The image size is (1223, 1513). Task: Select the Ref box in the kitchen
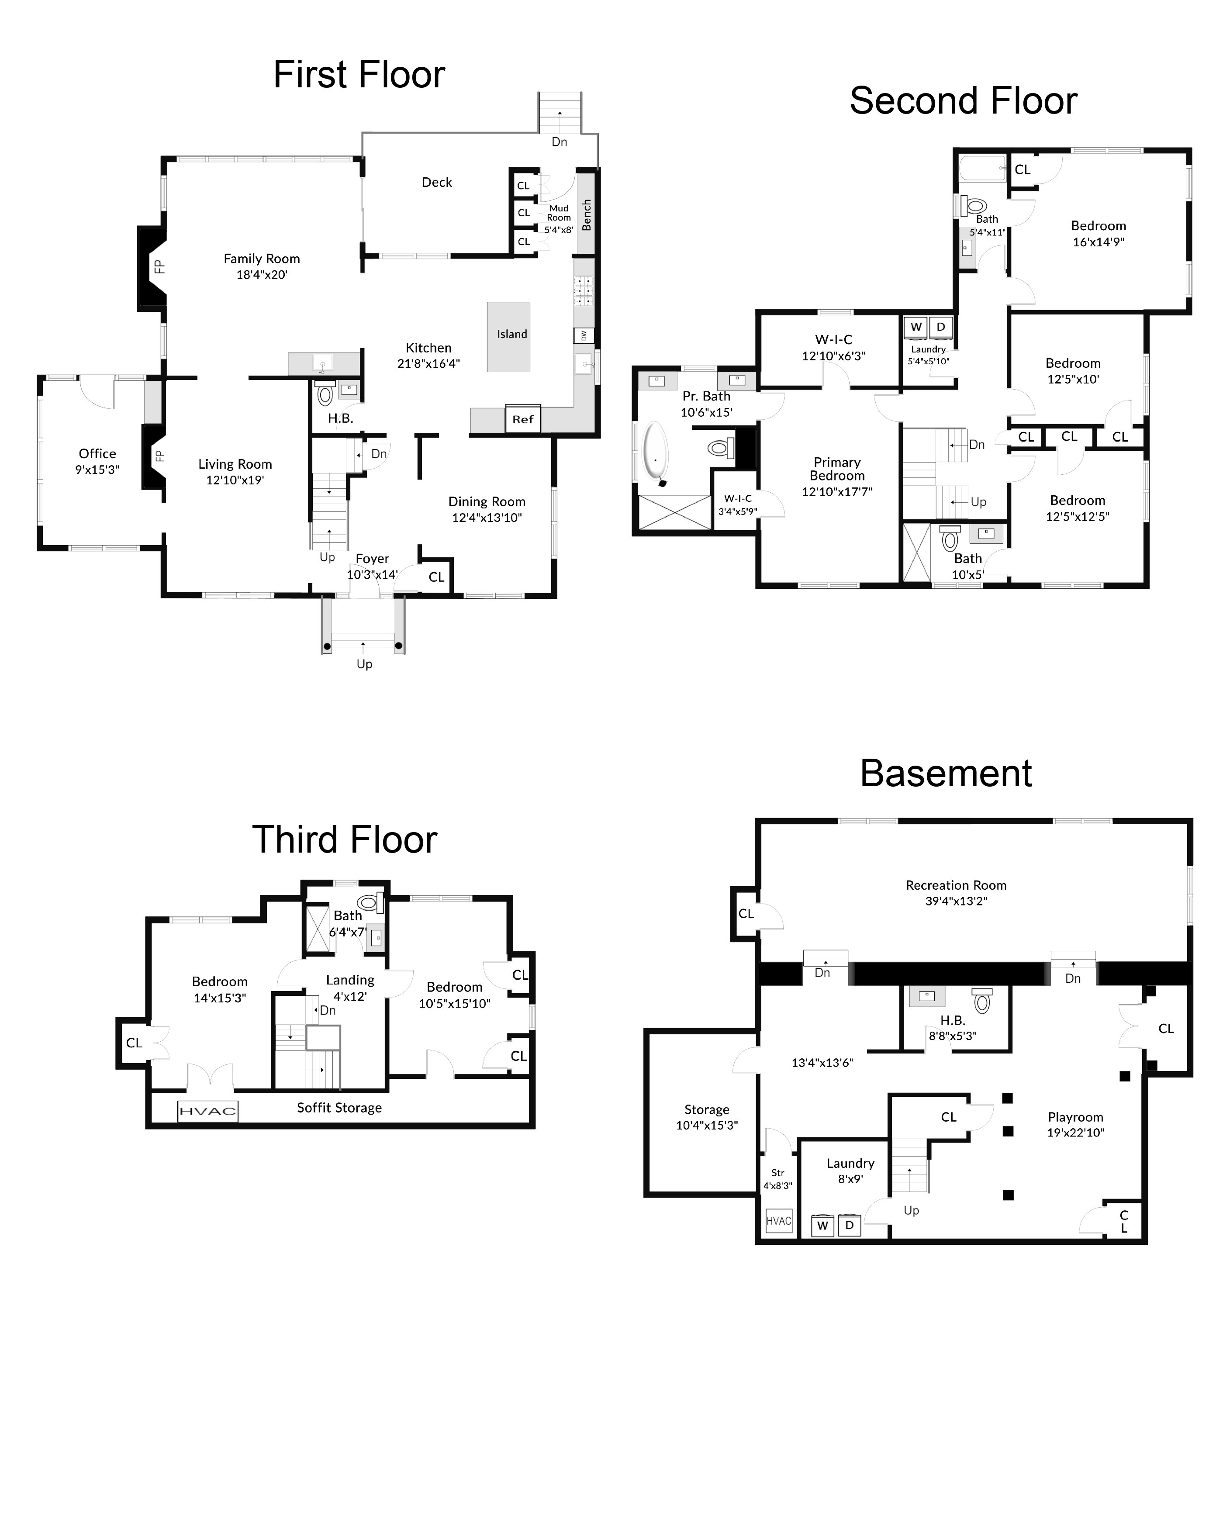click(x=523, y=419)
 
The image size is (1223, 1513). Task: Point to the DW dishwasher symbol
click(x=583, y=336)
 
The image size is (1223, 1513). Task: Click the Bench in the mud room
click(x=586, y=215)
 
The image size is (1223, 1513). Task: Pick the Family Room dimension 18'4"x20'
click(x=261, y=275)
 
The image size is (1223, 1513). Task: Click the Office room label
click(x=97, y=454)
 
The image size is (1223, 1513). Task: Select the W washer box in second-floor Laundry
click(x=916, y=327)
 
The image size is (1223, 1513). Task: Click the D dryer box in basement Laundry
click(x=850, y=1225)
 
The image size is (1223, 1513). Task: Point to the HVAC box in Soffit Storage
click(x=207, y=1111)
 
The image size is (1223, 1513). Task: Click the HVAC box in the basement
click(x=778, y=1221)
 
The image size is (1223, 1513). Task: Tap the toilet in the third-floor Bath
click(x=369, y=902)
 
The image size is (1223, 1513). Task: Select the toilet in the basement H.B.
click(x=981, y=1000)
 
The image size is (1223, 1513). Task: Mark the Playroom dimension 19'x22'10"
click(x=1075, y=1133)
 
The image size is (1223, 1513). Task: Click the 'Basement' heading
click(x=946, y=774)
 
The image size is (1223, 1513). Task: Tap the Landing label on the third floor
click(x=350, y=980)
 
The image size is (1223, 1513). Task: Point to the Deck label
click(x=437, y=183)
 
